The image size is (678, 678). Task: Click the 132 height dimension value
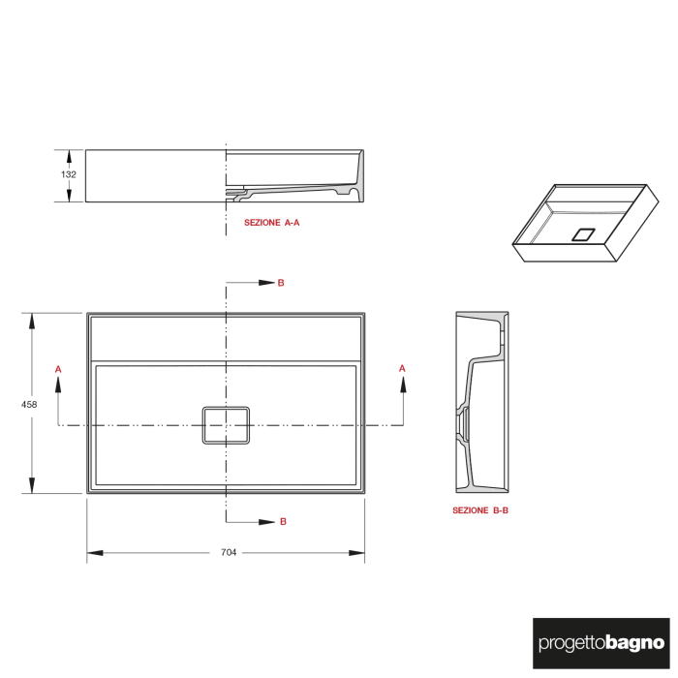point(69,175)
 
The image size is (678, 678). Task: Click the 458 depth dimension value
point(29,404)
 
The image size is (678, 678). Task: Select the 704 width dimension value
point(228,553)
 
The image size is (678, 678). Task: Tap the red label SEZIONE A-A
point(272,222)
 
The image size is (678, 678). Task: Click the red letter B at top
point(281,283)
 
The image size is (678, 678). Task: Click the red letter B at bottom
point(283,521)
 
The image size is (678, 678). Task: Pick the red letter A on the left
point(59,369)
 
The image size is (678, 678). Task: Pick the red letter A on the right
point(402,368)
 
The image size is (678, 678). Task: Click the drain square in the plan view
point(226,425)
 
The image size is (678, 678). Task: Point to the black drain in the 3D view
point(584,233)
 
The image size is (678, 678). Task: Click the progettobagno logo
point(601,642)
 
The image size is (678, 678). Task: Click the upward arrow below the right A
point(402,384)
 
